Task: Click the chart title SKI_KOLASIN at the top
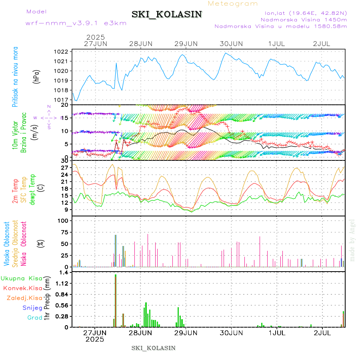(167, 14)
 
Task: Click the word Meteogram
(233, 4)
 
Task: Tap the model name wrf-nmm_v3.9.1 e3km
(76, 23)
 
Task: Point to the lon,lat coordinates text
(303, 13)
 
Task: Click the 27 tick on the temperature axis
(64, 167)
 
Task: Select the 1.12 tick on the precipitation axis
(62, 283)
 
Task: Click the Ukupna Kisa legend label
(22, 278)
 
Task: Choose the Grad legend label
(35, 318)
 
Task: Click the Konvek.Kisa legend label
(23, 288)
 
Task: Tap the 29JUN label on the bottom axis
(186, 333)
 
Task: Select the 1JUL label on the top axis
(276, 43)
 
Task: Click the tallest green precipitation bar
(116, 300)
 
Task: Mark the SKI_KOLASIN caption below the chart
(154, 348)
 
